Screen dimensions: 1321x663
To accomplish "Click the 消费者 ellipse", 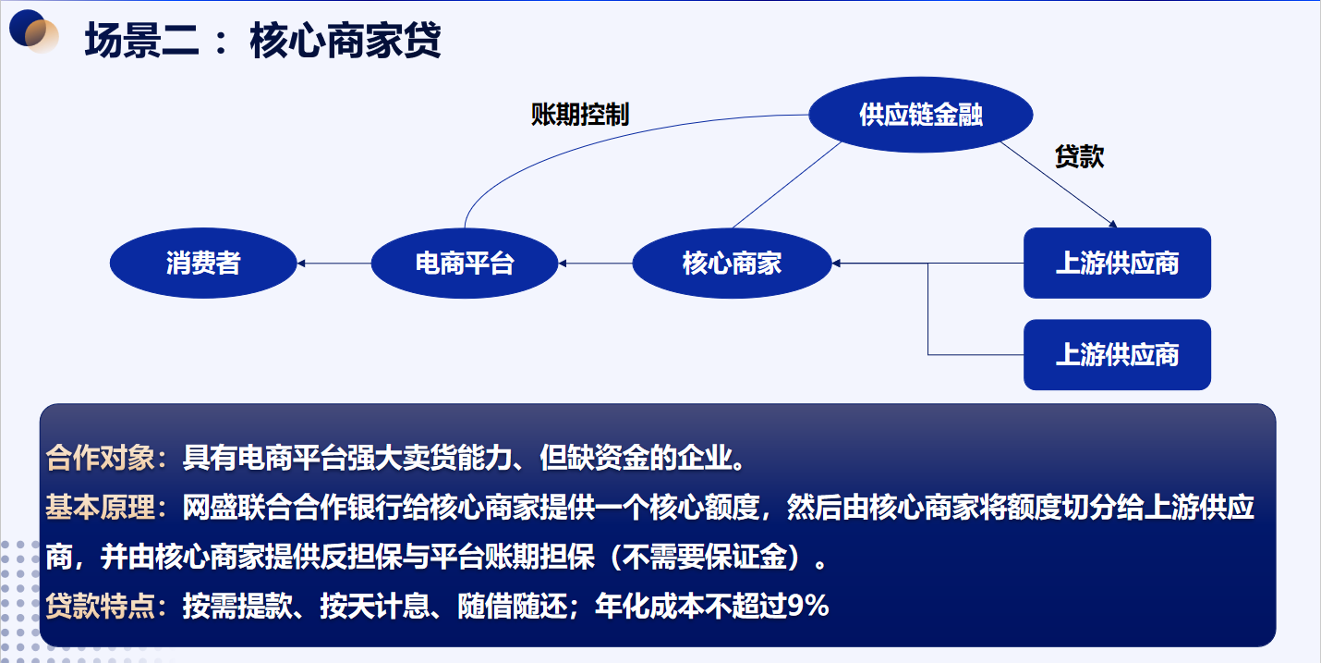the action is pos(203,263).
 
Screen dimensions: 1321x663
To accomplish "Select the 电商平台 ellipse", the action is pos(465,263).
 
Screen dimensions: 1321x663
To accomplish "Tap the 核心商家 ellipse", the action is pos(732,263).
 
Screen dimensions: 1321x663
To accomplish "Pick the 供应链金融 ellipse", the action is pos(921,115).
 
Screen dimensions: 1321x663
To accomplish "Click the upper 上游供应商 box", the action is pos(1117,263).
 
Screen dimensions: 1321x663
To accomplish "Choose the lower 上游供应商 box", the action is pos(1117,354).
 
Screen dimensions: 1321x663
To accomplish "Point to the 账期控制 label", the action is pos(580,114).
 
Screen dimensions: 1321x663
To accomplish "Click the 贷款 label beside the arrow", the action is pos(1079,156).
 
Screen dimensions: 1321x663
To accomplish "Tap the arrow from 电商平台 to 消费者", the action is pos(334,263).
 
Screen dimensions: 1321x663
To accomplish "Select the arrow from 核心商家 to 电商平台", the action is pos(595,263).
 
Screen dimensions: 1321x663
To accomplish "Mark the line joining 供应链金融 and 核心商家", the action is pos(787,185).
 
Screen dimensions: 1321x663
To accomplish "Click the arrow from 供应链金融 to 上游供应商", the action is pos(1059,185).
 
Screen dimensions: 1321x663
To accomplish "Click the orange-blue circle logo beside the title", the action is pos(33,31).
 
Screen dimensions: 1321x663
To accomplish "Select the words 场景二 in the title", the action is pos(141,40).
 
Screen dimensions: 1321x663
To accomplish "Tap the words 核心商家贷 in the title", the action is pos(345,40).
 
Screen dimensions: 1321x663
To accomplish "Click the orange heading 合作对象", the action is pos(101,458).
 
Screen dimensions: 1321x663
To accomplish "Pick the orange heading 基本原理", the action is pos(101,507).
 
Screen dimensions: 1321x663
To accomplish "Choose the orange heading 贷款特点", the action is pos(101,606).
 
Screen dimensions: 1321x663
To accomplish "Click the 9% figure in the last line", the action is pos(808,606).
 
